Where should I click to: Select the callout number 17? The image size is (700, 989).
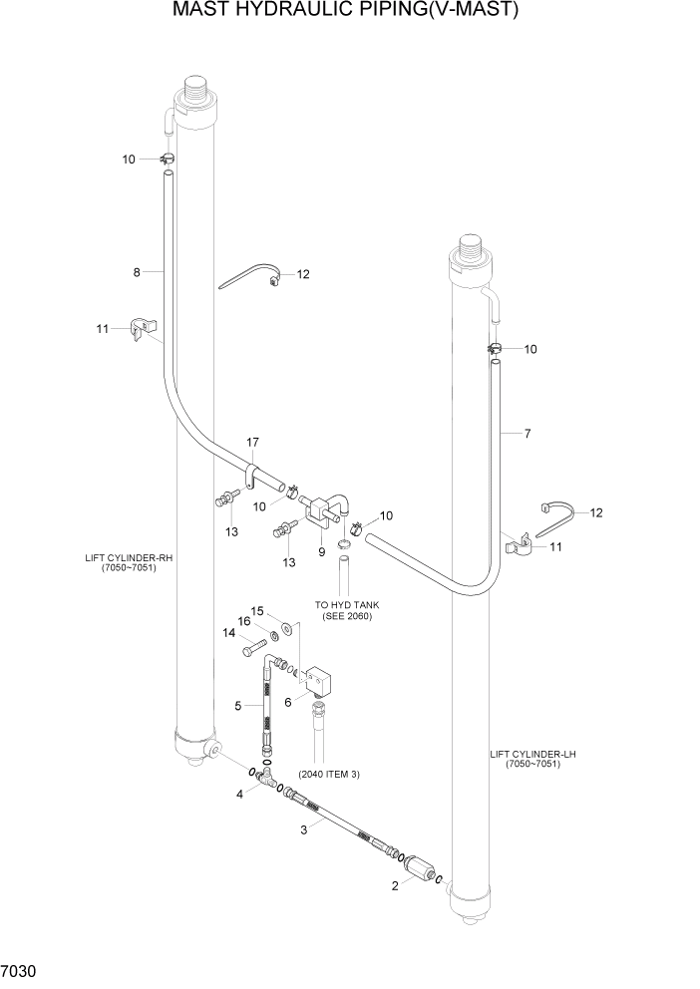pyautogui.click(x=253, y=442)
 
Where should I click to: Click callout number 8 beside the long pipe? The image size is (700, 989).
pyautogui.click(x=135, y=271)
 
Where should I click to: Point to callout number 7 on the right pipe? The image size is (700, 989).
pyautogui.click(x=526, y=433)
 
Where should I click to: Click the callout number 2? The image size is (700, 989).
pyautogui.click(x=398, y=884)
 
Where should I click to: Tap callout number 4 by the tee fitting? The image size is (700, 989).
pyautogui.click(x=239, y=794)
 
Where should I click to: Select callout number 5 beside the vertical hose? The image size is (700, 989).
pyautogui.click(x=237, y=706)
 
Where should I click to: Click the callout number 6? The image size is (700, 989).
pyautogui.click(x=289, y=702)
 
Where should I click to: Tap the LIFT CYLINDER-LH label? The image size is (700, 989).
pyautogui.click(x=533, y=759)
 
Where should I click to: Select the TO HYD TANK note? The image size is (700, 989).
pyautogui.click(x=346, y=610)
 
